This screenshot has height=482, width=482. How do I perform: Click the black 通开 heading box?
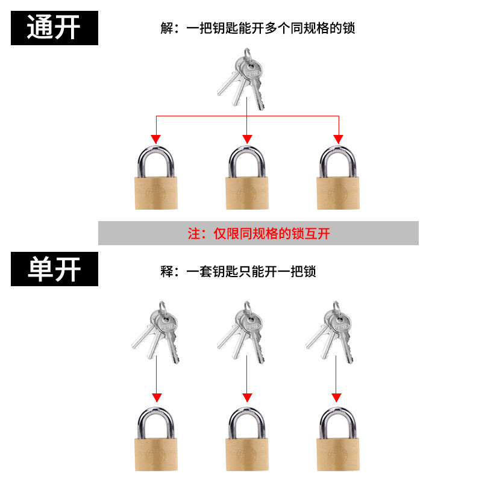54,28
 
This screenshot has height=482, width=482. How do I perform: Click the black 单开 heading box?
54,269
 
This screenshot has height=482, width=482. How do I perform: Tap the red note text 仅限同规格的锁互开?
258,233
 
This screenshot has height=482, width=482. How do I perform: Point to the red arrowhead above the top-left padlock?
156,139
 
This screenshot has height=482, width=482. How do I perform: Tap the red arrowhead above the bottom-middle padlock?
247,397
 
